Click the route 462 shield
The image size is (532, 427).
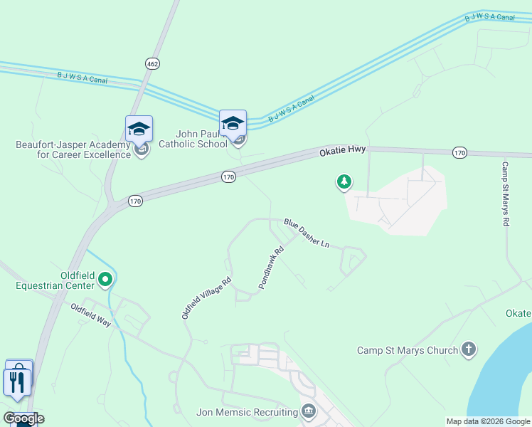point(151,63)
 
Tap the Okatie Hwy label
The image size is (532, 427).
point(342,151)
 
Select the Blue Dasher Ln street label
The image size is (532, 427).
point(307,233)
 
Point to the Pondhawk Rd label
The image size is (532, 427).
point(271,272)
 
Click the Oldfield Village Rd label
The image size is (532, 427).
point(207,297)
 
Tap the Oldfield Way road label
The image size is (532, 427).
point(90,315)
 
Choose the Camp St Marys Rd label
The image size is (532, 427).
point(506,194)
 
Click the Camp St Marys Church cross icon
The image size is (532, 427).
point(468,349)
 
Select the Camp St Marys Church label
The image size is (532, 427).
point(407,350)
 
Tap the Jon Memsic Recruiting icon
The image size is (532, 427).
point(309,411)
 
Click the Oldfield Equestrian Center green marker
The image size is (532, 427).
point(105,279)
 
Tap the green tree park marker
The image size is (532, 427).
point(344,183)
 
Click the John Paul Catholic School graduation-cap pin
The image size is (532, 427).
point(233,124)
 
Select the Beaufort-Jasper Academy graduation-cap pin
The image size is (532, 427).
point(139,130)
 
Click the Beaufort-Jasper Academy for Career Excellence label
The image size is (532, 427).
point(73,149)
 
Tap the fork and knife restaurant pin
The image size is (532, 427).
point(17,382)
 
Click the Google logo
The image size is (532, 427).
point(23,418)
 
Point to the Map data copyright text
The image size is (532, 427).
point(488,421)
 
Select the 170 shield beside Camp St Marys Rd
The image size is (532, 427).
point(459,152)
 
